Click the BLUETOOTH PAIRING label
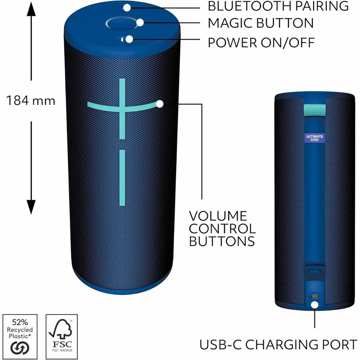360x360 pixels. (x=278, y=6)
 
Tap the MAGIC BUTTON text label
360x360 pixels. (x=261, y=23)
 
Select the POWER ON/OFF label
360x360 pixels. (x=261, y=42)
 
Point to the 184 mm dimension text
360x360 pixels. (x=31, y=101)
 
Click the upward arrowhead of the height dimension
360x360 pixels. (x=31, y=9)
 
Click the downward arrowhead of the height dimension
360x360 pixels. (x=31, y=207)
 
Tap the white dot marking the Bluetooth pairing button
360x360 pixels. (x=127, y=8)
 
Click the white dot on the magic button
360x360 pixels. (x=140, y=22)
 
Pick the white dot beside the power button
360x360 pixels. (x=130, y=39)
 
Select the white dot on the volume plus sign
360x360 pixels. (x=160, y=104)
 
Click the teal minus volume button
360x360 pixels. (x=122, y=178)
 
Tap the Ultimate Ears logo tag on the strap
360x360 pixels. (x=315, y=138)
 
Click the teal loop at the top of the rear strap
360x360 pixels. (x=315, y=110)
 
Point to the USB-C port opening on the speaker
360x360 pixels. (x=315, y=296)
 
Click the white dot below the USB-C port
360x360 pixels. (x=315, y=305)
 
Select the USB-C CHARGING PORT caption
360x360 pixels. (x=278, y=344)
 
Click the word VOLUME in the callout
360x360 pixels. (x=218, y=216)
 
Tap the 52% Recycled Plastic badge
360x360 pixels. (x=20, y=336)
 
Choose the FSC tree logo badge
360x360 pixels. (x=62, y=336)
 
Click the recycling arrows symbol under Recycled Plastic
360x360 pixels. (x=20, y=348)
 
